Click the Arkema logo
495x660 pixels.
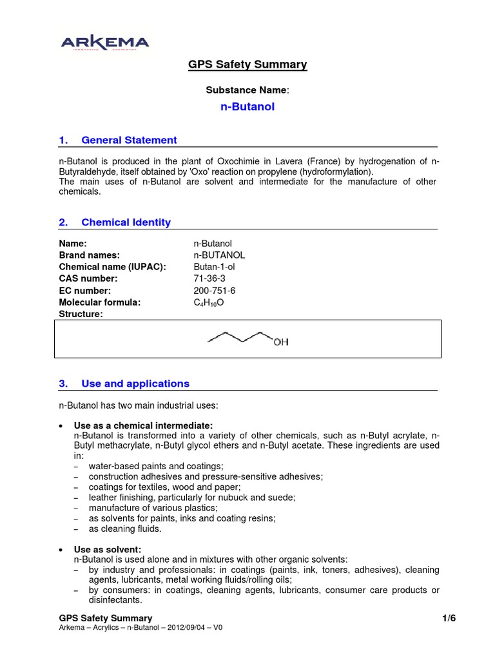point(104,43)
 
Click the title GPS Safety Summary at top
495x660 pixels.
point(247,64)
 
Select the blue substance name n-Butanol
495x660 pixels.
point(247,107)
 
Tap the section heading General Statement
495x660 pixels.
point(128,140)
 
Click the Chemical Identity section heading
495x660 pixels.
point(126,222)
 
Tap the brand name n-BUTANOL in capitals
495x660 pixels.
point(219,255)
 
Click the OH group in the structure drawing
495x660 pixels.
point(280,342)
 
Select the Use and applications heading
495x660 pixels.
point(135,383)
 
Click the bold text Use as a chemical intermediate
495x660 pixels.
point(143,425)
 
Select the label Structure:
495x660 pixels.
point(81,314)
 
